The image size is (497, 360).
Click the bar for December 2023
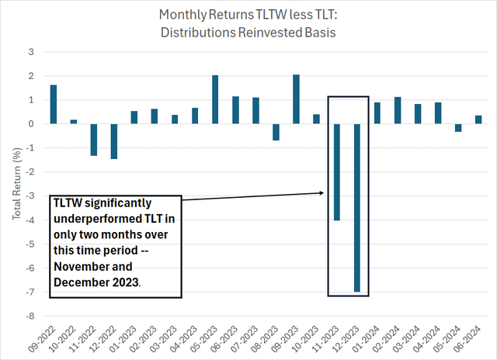[356, 207]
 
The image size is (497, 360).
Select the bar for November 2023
[336, 171]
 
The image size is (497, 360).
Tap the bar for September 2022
[54, 104]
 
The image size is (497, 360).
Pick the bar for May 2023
[215, 99]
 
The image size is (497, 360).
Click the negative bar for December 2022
[114, 140]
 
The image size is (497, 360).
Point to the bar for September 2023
[296, 99]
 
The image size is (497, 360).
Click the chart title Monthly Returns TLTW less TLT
[248, 15]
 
